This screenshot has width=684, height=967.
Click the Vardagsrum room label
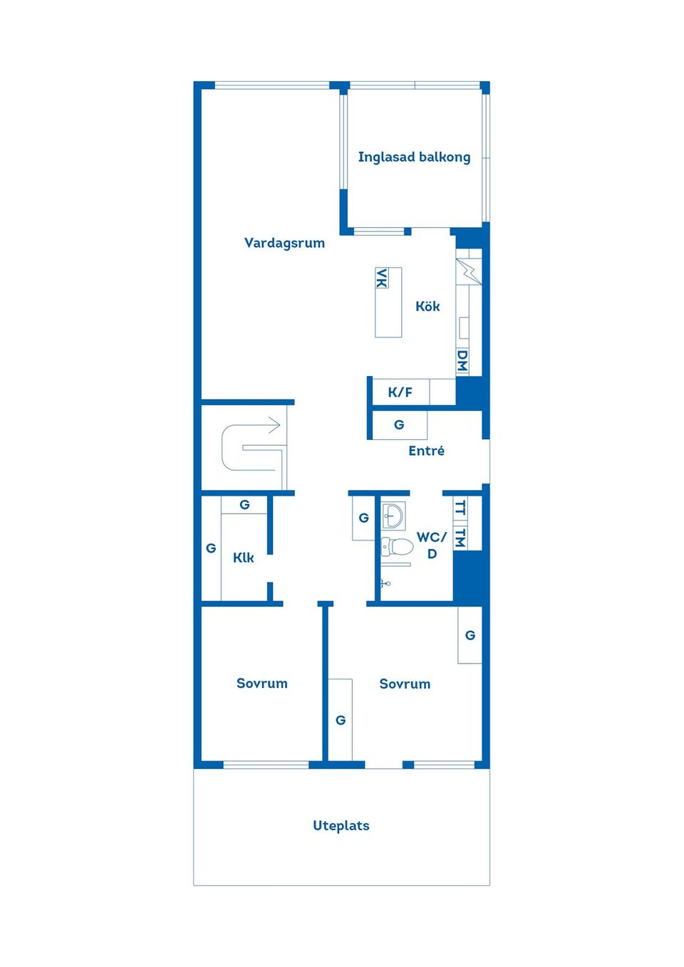284,243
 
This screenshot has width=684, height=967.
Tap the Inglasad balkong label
414,157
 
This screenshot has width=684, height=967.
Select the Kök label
427,306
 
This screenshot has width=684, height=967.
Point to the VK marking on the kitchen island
382,278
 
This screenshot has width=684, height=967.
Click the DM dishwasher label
462,361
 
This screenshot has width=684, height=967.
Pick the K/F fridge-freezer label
400,392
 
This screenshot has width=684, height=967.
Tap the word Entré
426,451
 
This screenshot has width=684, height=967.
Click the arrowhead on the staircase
275,425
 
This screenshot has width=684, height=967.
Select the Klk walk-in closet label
243,558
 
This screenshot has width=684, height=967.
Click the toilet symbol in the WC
397,547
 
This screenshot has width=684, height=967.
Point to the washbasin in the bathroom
393,515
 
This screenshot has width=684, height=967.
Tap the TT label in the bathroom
460,508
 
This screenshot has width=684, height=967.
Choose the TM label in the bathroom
460,538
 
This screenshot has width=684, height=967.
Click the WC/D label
432,545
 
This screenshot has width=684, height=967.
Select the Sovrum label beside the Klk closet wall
261,683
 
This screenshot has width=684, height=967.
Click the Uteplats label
341,825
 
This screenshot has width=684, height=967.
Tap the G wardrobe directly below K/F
399,425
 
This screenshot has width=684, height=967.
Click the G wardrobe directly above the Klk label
244,505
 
